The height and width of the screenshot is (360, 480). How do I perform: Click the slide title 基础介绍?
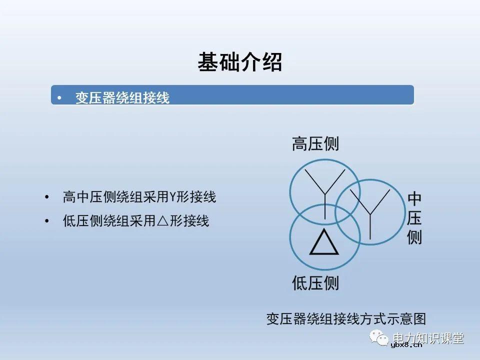click(239, 62)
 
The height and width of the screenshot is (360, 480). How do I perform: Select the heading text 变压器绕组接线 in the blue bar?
click(122, 97)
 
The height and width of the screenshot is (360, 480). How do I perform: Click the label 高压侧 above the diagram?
click(315, 144)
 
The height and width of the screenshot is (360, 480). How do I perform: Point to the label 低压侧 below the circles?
click(315, 283)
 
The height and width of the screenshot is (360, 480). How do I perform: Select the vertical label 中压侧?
click(414, 218)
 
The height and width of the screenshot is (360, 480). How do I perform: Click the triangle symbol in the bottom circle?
click(324, 243)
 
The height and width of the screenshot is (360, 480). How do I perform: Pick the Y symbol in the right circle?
click(370, 210)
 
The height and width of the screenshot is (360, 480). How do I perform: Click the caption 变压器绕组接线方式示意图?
click(346, 319)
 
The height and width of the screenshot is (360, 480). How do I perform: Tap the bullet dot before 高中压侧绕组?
click(47, 197)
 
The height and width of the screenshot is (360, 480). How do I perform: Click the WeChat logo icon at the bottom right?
click(380, 337)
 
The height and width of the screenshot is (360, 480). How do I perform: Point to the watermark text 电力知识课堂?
click(428, 337)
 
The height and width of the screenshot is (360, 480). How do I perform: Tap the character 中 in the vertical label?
click(414, 199)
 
